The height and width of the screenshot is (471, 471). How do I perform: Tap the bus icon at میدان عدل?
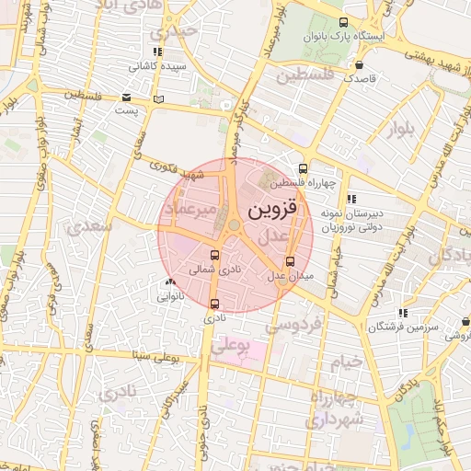pyautogui.click(x=291, y=260)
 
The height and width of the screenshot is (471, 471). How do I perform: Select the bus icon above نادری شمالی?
pyautogui.click(x=215, y=256)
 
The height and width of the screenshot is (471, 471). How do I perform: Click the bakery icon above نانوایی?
pyautogui.click(x=168, y=282)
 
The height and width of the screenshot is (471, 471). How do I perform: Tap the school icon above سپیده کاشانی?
pyautogui.click(x=157, y=52)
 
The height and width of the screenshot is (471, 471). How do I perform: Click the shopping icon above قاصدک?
pyautogui.click(x=358, y=64)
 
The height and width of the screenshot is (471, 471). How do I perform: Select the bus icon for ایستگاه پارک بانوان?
pyautogui.click(x=343, y=22)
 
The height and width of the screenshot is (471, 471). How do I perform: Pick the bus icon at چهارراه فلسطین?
pyautogui.click(x=303, y=168)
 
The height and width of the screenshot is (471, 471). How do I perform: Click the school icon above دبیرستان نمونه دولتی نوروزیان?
pyautogui.click(x=350, y=198)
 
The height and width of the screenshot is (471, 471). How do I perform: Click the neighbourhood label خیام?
pyautogui.click(x=347, y=362)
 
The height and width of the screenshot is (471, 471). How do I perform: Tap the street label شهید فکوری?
pyautogui.click(x=178, y=170)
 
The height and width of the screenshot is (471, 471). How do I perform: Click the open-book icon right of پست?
pyautogui.click(x=159, y=98)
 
